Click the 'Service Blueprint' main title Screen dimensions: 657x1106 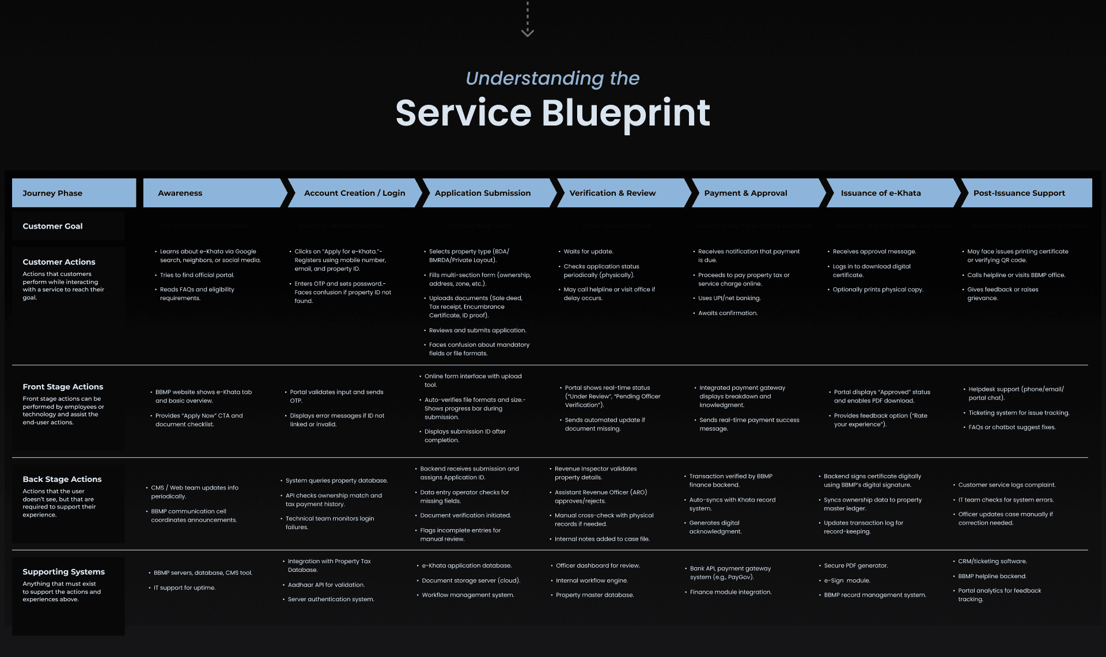tap(552, 113)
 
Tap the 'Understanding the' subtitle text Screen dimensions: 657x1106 tap(552, 78)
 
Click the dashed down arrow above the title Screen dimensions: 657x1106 tap(527, 21)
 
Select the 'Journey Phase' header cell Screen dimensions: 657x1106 tap(52, 193)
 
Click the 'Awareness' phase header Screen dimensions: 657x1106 tap(180, 193)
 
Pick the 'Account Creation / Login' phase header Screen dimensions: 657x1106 tap(354, 193)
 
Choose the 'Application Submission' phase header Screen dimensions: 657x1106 tap(483, 193)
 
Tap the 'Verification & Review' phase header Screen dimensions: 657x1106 tap(612, 193)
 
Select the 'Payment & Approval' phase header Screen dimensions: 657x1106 tap(745, 193)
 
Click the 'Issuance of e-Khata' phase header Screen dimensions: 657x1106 tap(881, 193)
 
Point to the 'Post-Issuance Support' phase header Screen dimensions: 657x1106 tap(1019, 193)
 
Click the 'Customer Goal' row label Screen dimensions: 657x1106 tap(52, 226)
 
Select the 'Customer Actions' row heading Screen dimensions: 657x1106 tap(59, 262)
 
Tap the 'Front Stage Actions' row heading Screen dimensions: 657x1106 tap(63, 387)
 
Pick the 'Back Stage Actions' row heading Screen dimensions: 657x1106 tap(62, 479)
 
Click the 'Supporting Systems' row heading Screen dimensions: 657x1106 tap(63, 572)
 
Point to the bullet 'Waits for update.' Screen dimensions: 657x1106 tap(588, 252)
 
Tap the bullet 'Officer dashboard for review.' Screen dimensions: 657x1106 tap(598, 566)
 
